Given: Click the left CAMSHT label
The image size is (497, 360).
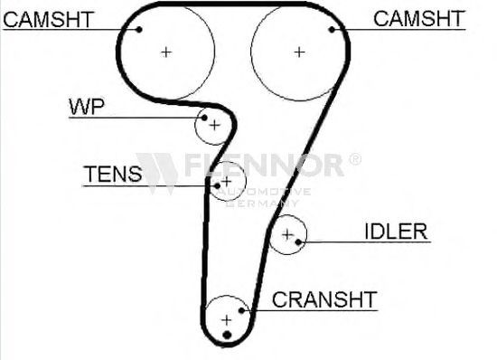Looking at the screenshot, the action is point(49,19).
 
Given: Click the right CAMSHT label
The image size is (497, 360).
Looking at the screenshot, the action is point(419,18).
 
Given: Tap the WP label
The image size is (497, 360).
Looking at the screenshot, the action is point(87,107).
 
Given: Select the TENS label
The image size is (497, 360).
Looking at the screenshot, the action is point(113,174).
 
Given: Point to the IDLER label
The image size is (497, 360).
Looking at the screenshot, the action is point(396,232).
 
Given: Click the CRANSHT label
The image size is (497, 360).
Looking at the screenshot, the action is point(324,299).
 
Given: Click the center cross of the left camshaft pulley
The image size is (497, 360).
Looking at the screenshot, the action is point(166,52).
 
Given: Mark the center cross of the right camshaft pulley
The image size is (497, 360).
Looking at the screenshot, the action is point(299,52).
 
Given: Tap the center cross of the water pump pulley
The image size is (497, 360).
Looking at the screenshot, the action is point(215,125).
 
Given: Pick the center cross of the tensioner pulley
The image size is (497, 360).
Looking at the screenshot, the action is point(226,182).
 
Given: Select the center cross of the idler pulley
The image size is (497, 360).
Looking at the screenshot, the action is point(287,234).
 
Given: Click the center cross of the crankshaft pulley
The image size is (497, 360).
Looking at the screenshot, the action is point(226,320).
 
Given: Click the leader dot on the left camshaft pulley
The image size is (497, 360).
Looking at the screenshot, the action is point(139,30).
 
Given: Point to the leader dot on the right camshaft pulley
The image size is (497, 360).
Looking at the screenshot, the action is point(332,30).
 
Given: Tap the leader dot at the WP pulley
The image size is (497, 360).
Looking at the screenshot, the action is point(204,118).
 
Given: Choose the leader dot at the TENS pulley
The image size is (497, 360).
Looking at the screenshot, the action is point(217,185).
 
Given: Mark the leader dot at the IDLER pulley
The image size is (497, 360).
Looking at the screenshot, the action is point(298,242).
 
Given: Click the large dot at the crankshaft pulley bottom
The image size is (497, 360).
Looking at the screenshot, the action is point(227,335).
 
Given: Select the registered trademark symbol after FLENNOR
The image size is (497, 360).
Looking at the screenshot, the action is point(355,159).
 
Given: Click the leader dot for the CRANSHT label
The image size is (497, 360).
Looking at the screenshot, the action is point(241,310).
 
